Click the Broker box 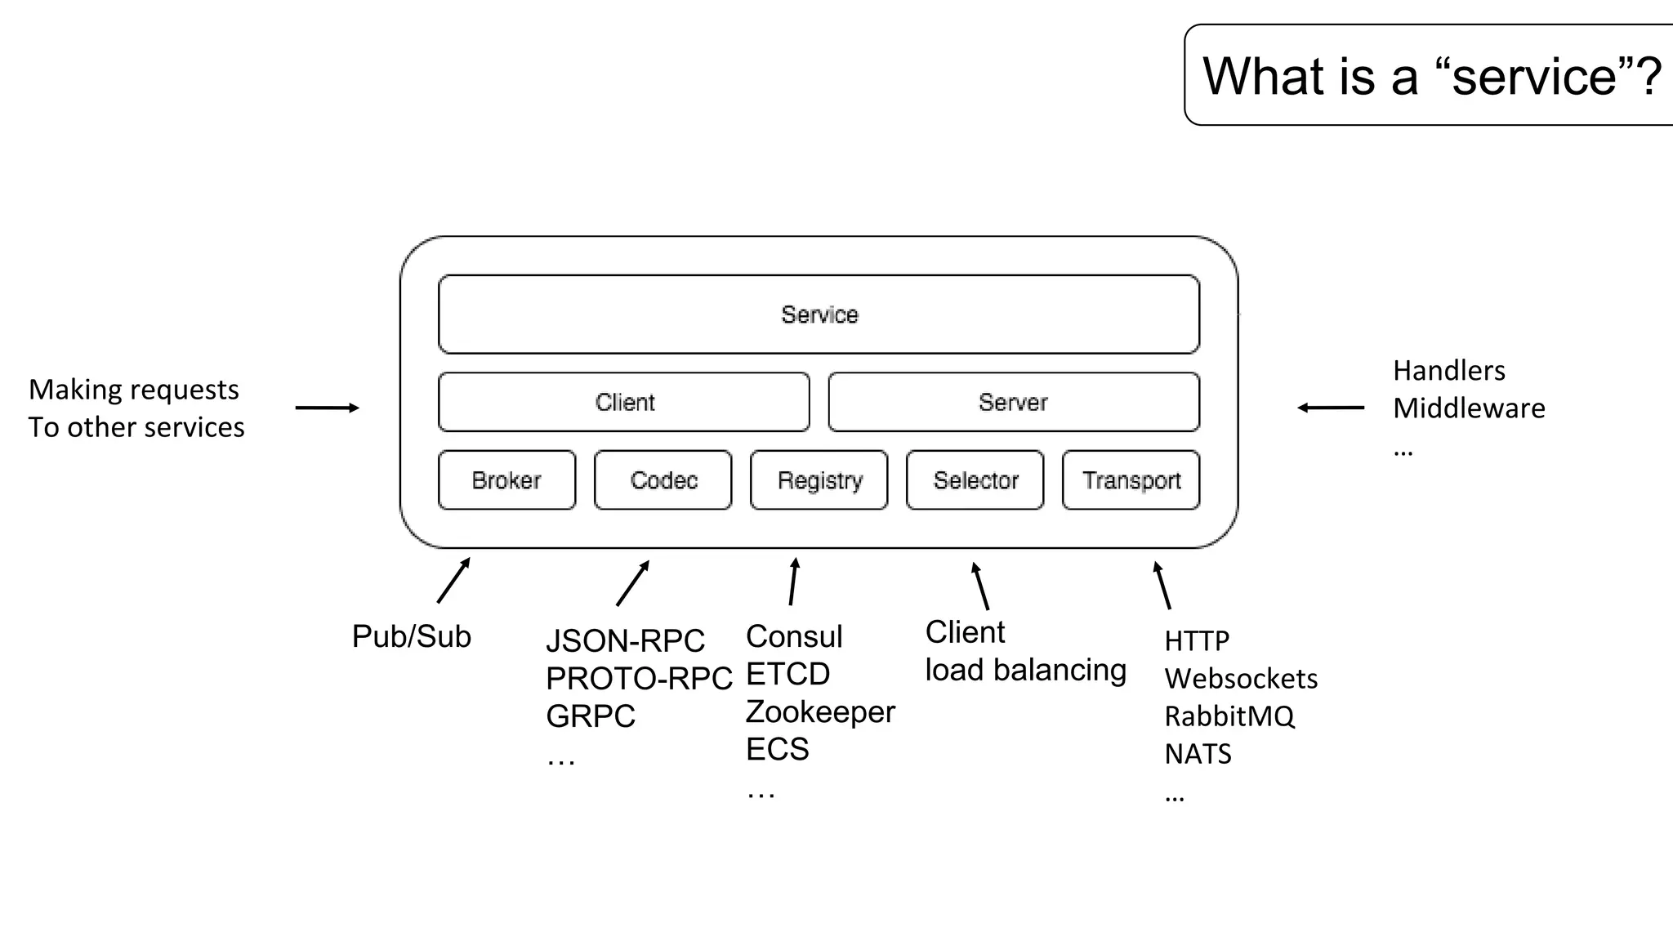point(506,480)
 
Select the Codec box point(663,480)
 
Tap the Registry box point(819,480)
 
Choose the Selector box point(975,480)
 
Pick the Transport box point(1131,480)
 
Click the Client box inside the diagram point(624,402)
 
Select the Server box point(1014,402)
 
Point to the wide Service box point(819,314)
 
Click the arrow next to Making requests point(327,408)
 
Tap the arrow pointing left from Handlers point(1331,408)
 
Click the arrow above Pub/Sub point(454,580)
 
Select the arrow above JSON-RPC point(633,583)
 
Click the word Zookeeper point(820,711)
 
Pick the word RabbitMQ point(1229,716)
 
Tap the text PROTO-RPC point(639,679)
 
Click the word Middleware point(1469,408)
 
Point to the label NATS point(1198,754)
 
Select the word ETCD point(787,675)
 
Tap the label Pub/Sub point(412,636)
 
